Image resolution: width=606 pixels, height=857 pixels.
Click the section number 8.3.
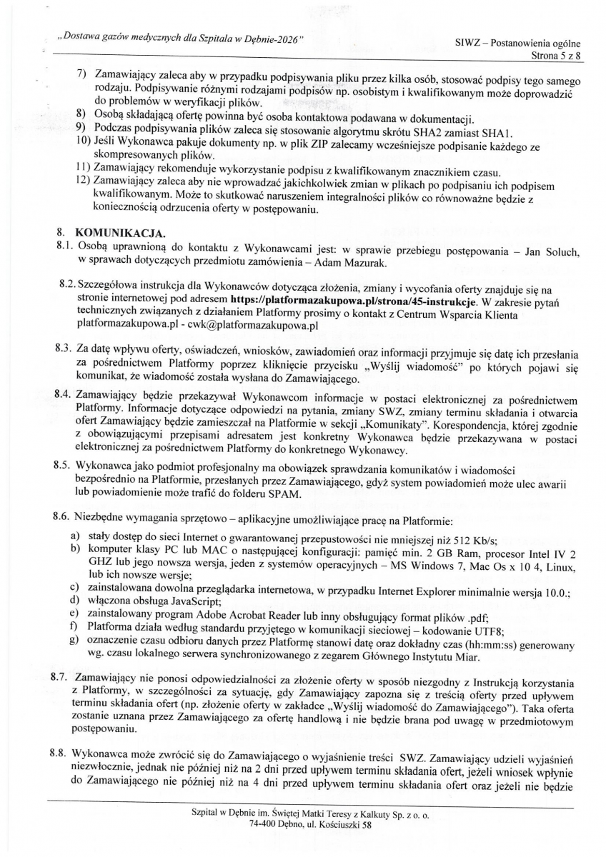(62, 351)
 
